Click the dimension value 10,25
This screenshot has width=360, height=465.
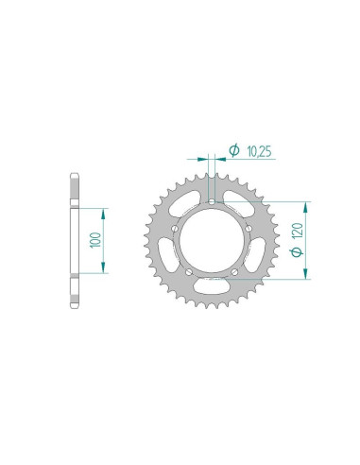click(256, 149)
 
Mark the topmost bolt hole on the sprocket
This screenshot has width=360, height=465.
click(211, 200)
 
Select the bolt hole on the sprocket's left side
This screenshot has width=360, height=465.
click(173, 227)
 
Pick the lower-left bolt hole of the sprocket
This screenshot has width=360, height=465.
click(187, 270)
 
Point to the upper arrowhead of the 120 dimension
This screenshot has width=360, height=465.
click(305, 205)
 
